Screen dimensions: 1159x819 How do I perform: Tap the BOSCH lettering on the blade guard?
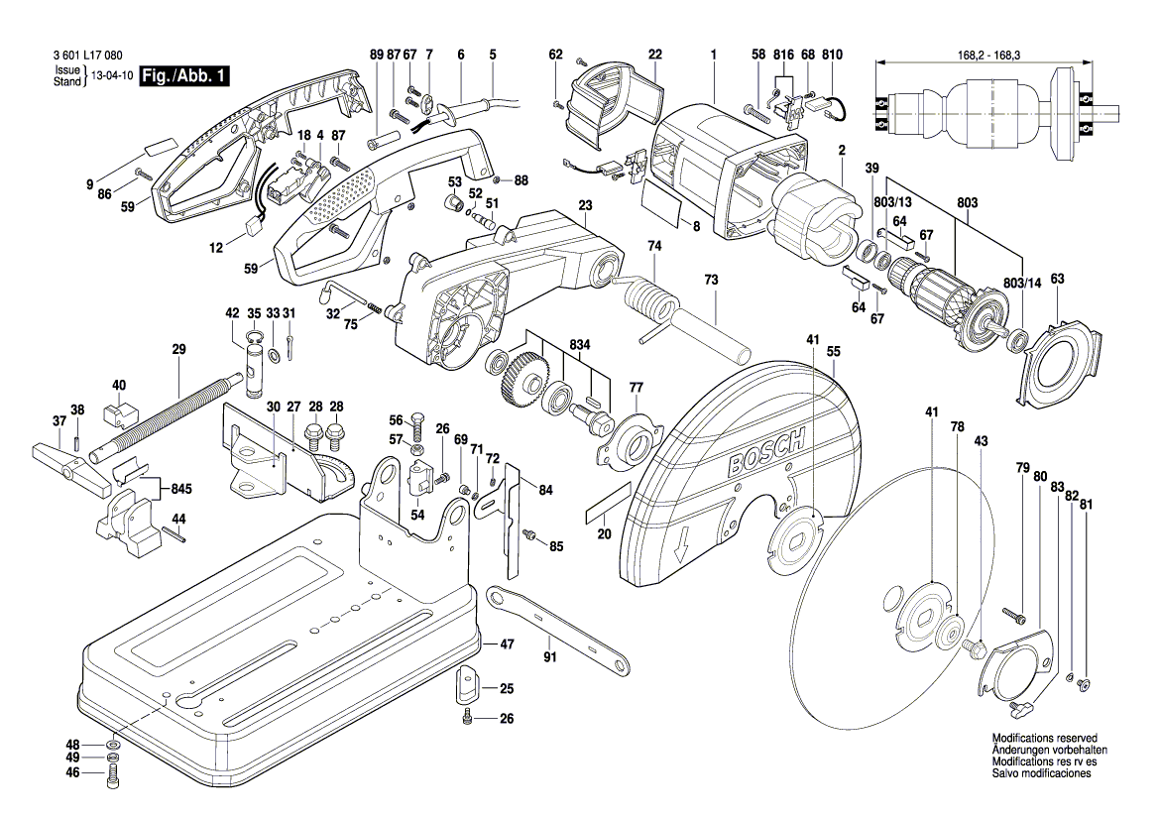pyautogui.click(x=766, y=453)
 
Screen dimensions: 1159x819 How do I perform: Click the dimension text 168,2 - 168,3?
pyautogui.click(x=984, y=55)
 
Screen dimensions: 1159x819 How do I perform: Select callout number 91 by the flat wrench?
pyautogui.click(x=550, y=656)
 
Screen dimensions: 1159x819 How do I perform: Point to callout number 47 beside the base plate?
pyautogui.click(x=507, y=644)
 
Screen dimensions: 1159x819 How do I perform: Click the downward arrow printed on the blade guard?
pyautogui.click(x=684, y=545)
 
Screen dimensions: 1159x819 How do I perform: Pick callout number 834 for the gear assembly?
pyautogui.click(x=580, y=344)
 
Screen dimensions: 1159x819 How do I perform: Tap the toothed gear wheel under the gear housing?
pyautogui.click(x=523, y=376)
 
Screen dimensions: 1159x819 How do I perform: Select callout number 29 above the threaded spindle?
pyautogui.click(x=178, y=349)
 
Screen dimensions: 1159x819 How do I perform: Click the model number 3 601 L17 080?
pyautogui.click(x=88, y=56)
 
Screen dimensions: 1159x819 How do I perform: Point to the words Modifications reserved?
pyautogui.click(x=1044, y=738)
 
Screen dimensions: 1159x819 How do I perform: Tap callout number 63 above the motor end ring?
pyautogui.click(x=1058, y=279)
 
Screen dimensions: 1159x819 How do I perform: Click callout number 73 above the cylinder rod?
pyautogui.click(x=711, y=281)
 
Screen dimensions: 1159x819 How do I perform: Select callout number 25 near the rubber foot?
pyautogui.click(x=507, y=689)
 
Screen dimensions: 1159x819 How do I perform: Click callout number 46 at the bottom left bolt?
pyautogui.click(x=72, y=773)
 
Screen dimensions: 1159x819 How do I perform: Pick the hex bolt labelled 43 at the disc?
pyautogui.click(x=972, y=647)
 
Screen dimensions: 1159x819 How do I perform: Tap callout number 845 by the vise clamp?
pyautogui.click(x=181, y=490)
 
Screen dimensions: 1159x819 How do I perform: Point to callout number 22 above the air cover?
pyautogui.click(x=655, y=55)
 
